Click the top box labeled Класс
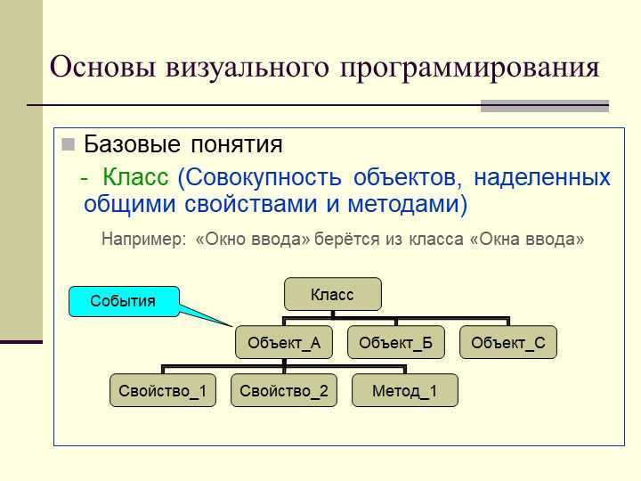click(x=333, y=294)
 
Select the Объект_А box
click(x=284, y=342)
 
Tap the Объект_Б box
click(x=395, y=342)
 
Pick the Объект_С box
click(x=508, y=342)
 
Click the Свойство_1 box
click(x=163, y=390)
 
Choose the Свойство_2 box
click(x=284, y=390)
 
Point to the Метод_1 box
click(x=405, y=390)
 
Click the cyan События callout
click(x=124, y=301)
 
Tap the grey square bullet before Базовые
click(x=68, y=144)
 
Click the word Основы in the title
click(x=102, y=66)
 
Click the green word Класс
click(x=135, y=177)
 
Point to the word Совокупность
click(x=259, y=178)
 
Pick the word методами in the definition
click(x=407, y=204)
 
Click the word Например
click(x=143, y=240)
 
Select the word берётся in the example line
click(x=347, y=240)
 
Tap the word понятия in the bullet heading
click(x=237, y=144)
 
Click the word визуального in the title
click(x=247, y=68)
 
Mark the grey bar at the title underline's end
click(x=545, y=106)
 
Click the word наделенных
click(x=542, y=178)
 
